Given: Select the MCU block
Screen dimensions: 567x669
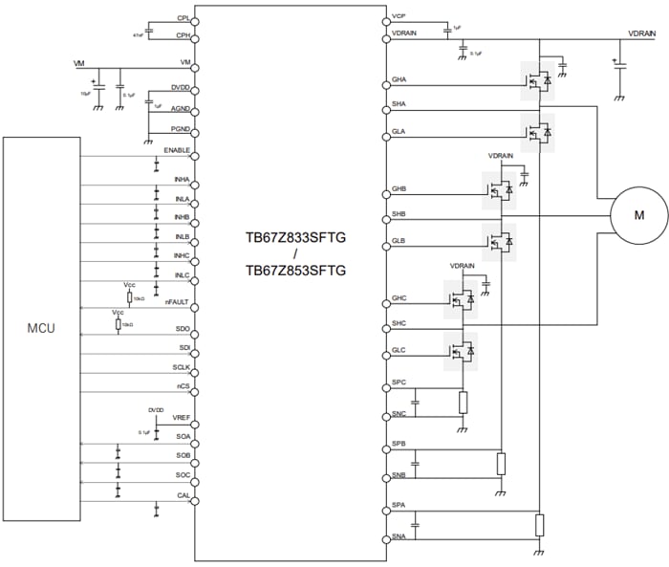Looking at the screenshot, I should coord(40,329).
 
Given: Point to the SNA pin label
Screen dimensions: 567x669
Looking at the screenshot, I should coord(399,538).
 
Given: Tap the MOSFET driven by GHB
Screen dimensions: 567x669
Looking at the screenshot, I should coord(498,190).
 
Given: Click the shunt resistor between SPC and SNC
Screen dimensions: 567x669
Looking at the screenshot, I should coord(464,402).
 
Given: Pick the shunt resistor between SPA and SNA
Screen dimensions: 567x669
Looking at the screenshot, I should coord(539,525).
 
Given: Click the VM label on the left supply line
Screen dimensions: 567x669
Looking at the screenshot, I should coord(79,63).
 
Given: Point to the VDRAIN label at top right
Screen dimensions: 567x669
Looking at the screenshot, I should coord(641,33).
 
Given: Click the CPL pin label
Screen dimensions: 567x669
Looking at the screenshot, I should coord(183,18).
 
